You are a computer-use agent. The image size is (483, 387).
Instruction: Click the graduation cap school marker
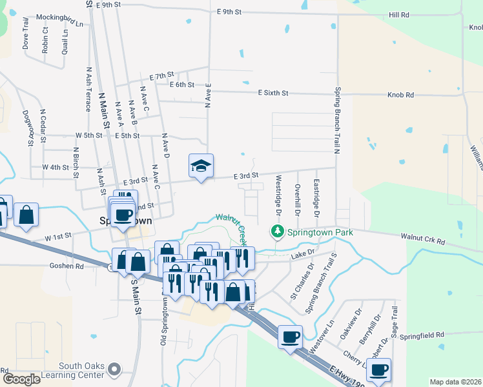(201, 166)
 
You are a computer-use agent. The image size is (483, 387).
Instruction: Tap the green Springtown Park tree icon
(277, 230)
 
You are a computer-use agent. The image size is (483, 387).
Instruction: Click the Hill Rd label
(399, 14)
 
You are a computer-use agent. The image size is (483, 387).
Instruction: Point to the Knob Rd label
(400, 95)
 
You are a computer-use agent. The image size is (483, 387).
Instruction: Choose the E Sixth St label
(272, 94)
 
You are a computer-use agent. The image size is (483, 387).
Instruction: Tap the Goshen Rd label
(67, 265)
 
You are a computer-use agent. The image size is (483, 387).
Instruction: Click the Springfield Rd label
(422, 335)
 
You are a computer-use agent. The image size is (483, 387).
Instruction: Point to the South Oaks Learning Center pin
(115, 370)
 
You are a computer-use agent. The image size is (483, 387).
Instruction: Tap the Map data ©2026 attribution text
(455, 382)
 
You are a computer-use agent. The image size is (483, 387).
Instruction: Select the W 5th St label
(89, 135)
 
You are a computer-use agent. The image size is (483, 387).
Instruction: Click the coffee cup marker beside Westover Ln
(290, 336)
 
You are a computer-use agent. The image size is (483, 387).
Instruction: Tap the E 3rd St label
(245, 175)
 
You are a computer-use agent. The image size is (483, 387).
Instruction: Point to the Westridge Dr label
(279, 195)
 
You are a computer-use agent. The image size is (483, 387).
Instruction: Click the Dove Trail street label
(26, 37)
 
